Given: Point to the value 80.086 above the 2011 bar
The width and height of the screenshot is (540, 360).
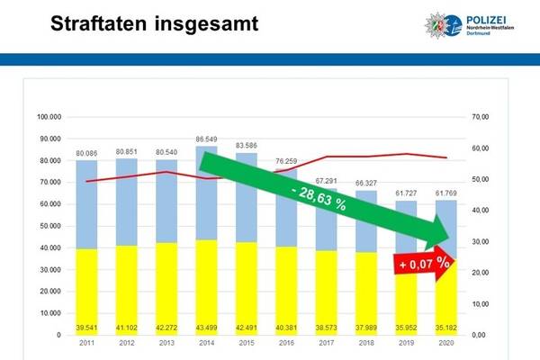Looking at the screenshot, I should point(86,153).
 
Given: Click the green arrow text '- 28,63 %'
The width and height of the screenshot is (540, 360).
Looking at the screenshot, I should point(315,201).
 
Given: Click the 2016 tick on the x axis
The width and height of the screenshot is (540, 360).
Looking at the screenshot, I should point(286,344).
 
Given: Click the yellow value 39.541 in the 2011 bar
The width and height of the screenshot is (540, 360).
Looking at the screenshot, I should point(86,326).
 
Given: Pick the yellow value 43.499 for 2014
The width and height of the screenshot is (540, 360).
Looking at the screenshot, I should point(207,326).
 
